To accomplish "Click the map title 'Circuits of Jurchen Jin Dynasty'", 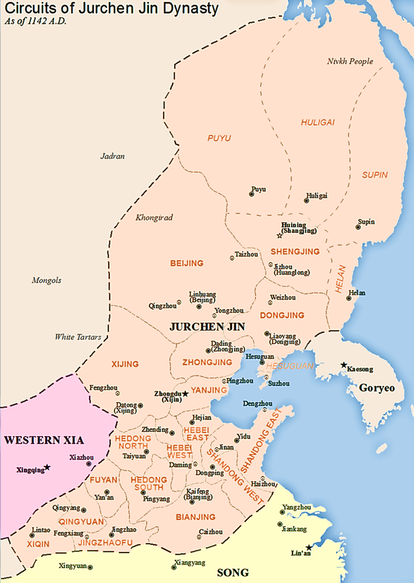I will (111, 9).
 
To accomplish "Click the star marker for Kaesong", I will (344, 365).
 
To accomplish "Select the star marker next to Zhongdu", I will (185, 393).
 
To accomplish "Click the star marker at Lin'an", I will (309, 548).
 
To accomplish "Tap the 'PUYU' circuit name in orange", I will (219, 138).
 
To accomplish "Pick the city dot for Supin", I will (358, 226).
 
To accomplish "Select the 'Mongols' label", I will (47, 280).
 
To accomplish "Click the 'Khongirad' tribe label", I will (154, 218).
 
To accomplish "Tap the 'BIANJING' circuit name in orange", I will (195, 517).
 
